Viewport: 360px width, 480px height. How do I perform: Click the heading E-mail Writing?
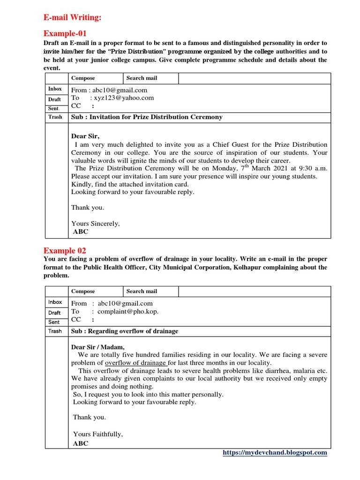pyautogui.click(x=73, y=18)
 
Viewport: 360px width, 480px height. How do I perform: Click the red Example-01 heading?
pyautogui.click(x=65, y=33)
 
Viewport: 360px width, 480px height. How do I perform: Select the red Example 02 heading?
pyautogui.click(x=65, y=250)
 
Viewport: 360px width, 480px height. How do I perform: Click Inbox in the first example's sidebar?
pyautogui.click(x=55, y=89)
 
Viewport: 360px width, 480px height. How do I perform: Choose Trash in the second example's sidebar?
pyautogui.click(x=55, y=331)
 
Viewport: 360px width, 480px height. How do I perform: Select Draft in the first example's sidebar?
pyautogui.click(x=54, y=99)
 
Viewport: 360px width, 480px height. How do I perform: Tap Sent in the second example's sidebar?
pyautogui.click(x=54, y=322)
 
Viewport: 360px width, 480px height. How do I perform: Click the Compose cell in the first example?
pyautogui.click(x=82, y=78)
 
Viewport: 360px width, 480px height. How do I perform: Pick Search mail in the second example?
pyautogui.click(x=142, y=291)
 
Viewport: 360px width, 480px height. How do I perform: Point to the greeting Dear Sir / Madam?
pyautogui.click(x=98, y=347)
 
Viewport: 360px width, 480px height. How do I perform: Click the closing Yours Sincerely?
pyautogui.click(x=95, y=224)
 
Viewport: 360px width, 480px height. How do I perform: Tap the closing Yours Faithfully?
pyautogui.click(x=98, y=434)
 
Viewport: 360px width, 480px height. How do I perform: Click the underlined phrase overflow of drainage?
pyautogui.click(x=135, y=363)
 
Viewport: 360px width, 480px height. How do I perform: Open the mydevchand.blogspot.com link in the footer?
pyautogui.click(x=275, y=452)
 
